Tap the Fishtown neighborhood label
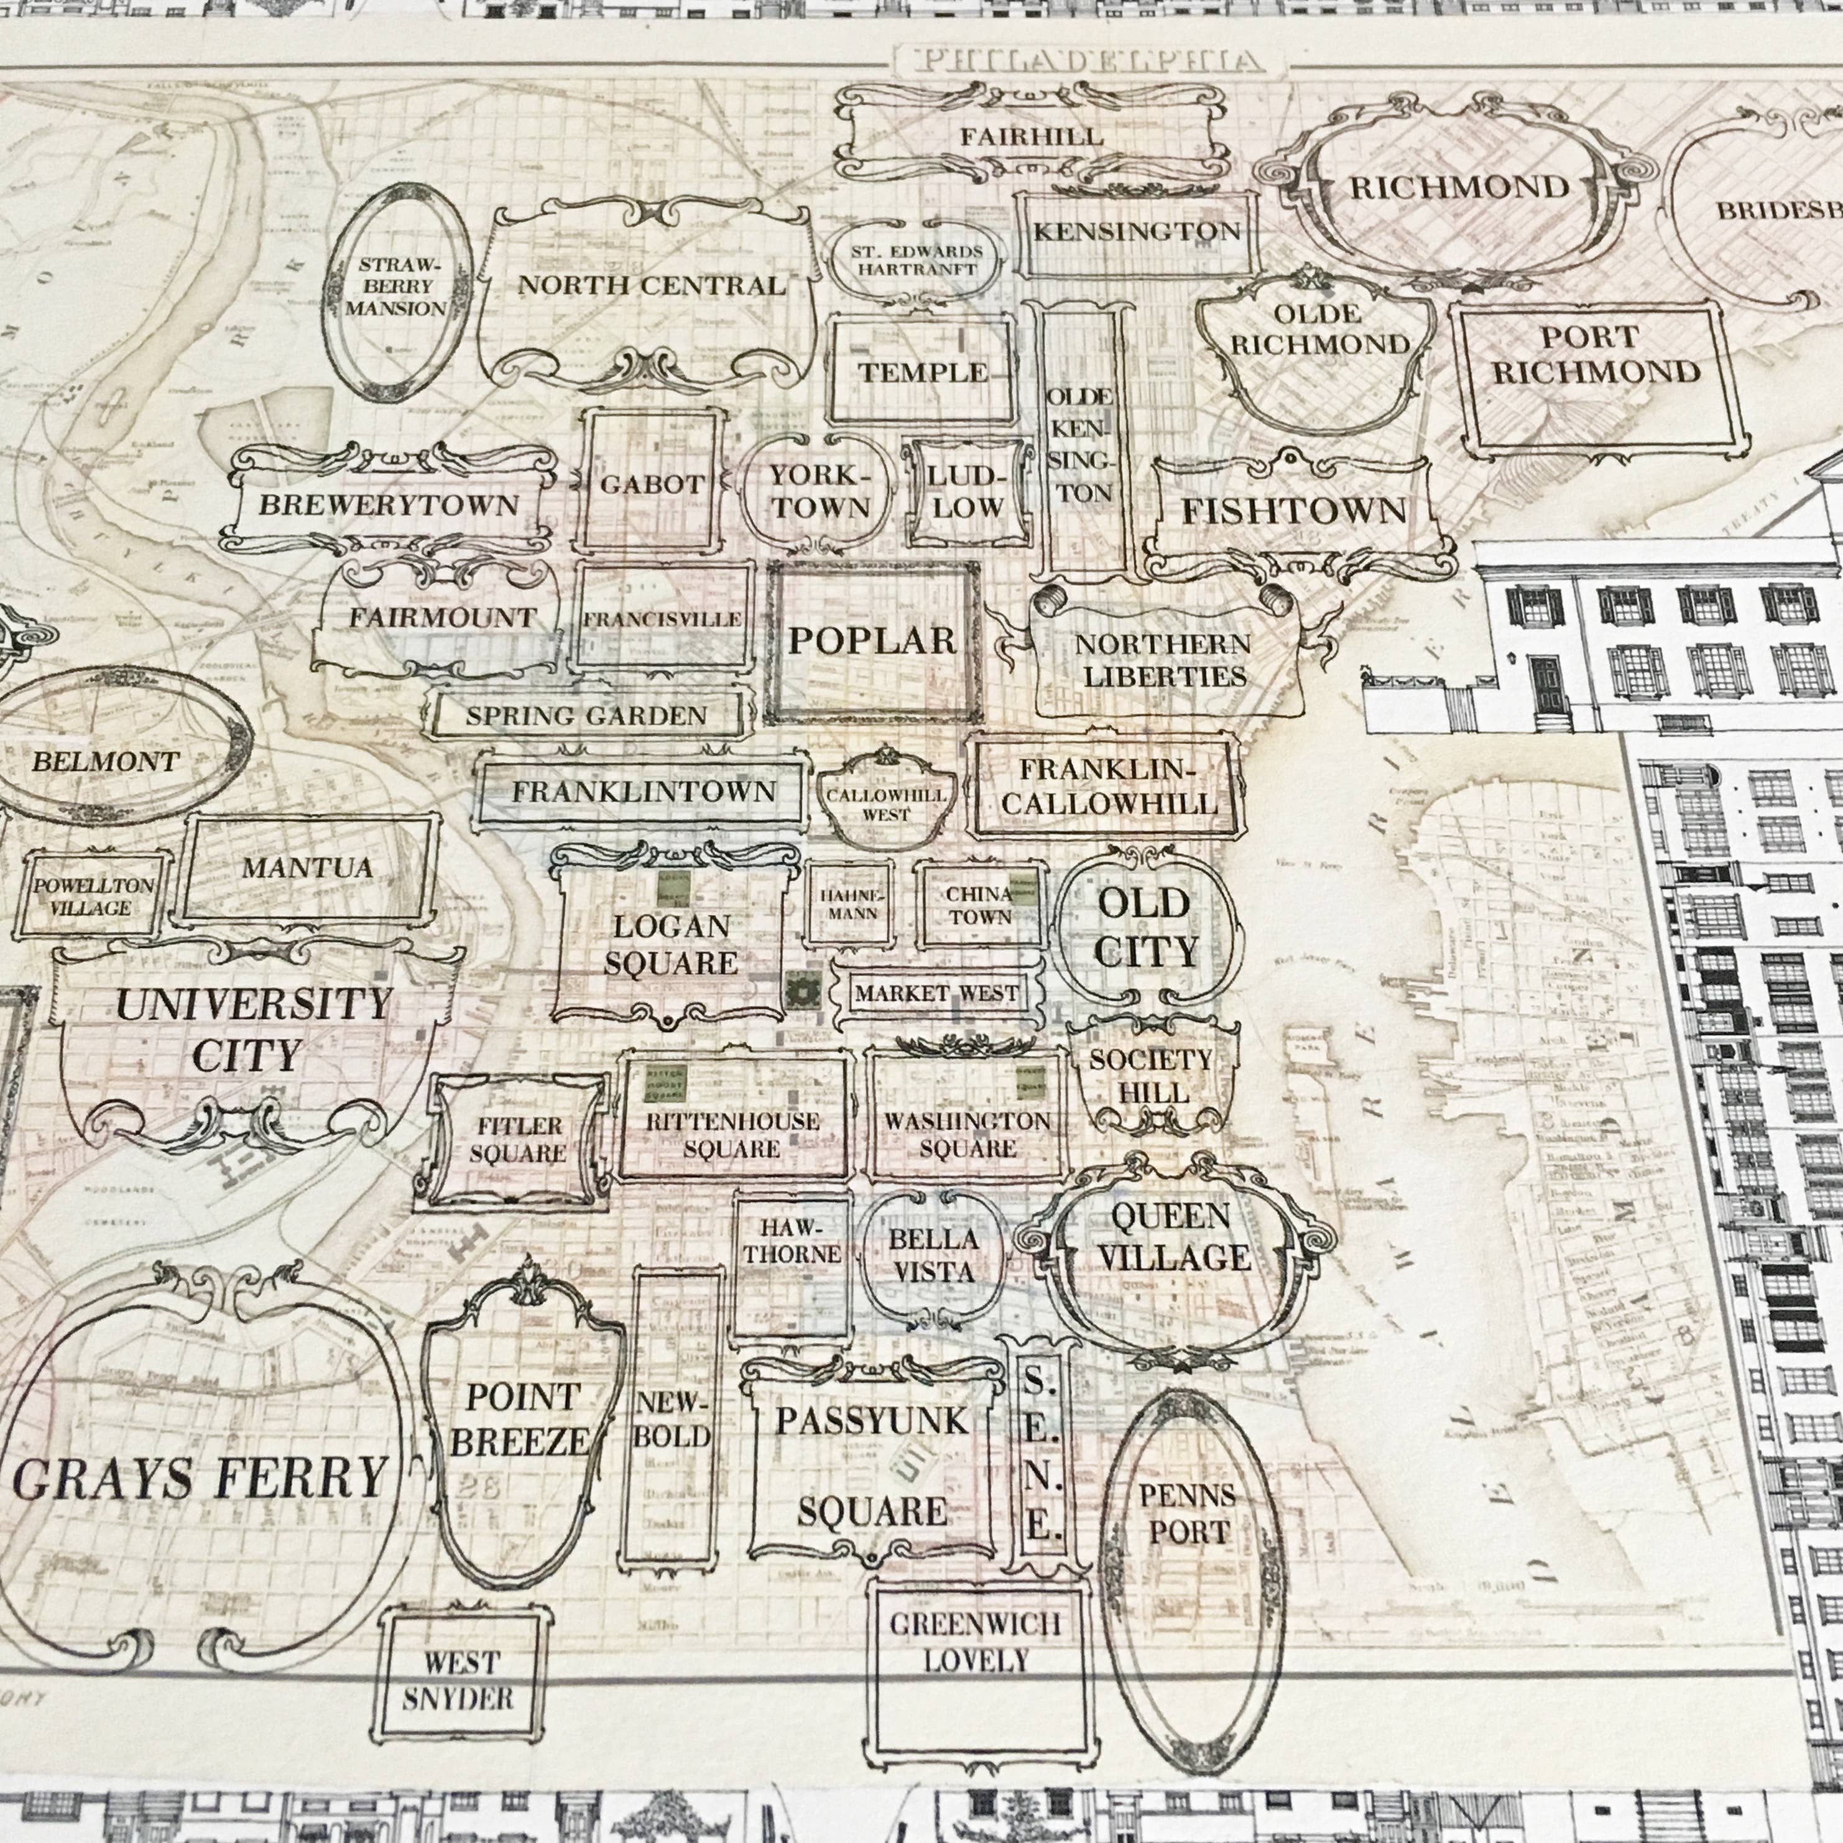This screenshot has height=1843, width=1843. click(1295, 511)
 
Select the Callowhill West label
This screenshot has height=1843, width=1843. click(886, 804)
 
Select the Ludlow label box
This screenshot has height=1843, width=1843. click(968, 492)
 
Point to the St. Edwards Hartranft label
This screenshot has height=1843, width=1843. click(917, 259)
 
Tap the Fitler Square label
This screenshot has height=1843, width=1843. click(517, 1140)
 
